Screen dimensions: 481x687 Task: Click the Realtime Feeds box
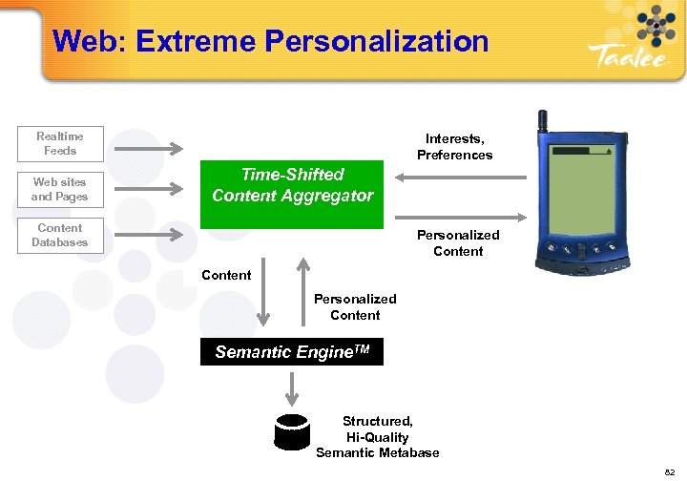pos(60,144)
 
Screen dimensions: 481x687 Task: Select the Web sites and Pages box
pos(60,189)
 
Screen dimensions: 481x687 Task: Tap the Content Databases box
pos(60,236)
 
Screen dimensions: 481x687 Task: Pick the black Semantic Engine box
pos(292,353)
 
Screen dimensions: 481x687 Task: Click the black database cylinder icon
pos(291,431)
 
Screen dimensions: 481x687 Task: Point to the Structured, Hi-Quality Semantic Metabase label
pos(378,436)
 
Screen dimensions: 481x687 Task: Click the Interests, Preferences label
pos(454,147)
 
